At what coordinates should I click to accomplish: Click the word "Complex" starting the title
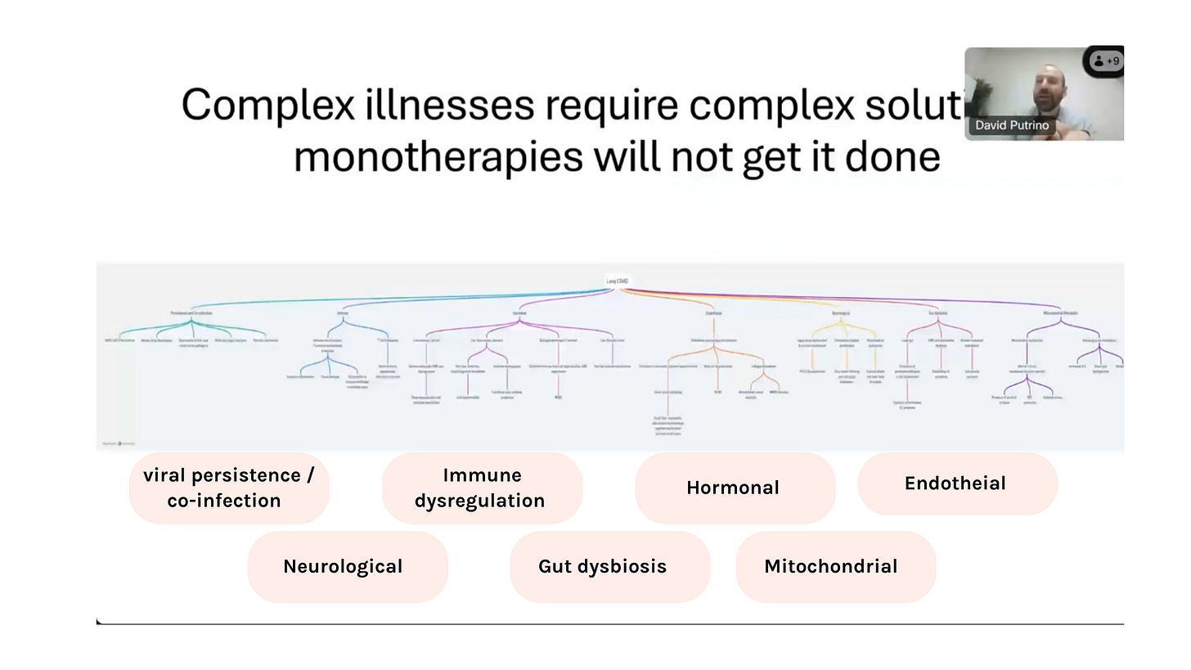click(x=267, y=106)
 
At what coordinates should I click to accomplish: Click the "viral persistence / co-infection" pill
click(x=229, y=488)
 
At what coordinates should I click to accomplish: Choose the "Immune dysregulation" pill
click(x=482, y=488)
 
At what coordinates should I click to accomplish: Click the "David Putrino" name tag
click(x=1012, y=125)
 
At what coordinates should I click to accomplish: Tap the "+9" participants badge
click(x=1106, y=61)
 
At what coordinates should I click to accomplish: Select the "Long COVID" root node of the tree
click(x=618, y=281)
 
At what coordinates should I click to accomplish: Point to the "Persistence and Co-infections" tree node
click(x=191, y=313)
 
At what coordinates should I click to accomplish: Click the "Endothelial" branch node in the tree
click(x=713, y=313)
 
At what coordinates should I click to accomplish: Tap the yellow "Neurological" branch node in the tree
click(x=841, y=313)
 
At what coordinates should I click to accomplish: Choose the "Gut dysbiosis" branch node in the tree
click(x=938, y=313)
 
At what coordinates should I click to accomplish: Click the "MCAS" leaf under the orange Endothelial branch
click(x=717, y=393)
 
